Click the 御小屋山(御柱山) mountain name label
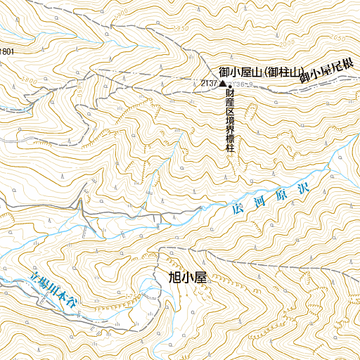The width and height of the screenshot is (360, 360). pyautogui.click(x=261, y=72)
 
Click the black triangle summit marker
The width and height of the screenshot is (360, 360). pyautogui.click(x=223, y=84)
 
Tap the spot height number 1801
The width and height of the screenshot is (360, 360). pyautogui.click(x=7, y=51)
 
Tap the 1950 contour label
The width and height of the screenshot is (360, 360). pyautogui.click(x=181, y=28)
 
